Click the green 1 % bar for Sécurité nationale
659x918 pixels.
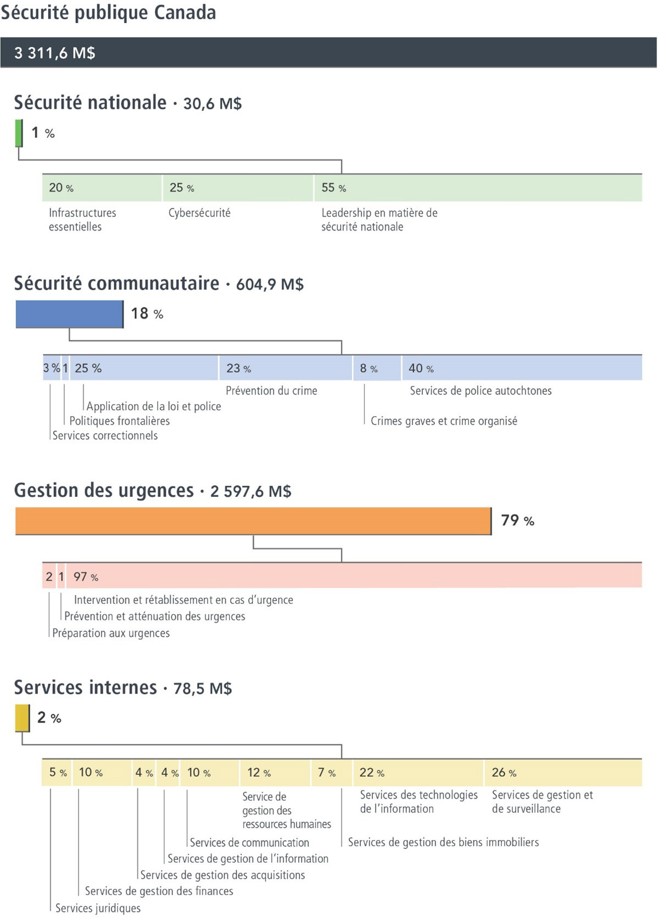19,133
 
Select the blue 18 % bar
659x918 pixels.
69,314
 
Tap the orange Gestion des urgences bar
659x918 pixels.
253,521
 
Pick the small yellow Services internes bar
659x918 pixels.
23,718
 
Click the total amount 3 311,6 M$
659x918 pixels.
55,53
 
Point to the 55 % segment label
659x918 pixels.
333,188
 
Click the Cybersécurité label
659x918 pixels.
199,212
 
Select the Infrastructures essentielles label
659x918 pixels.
82,220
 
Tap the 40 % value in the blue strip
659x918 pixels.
421,368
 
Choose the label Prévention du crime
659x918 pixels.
271,390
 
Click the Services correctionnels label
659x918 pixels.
105,435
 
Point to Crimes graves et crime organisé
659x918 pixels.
444,421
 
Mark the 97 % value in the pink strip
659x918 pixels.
86,576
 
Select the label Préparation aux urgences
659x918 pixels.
110,632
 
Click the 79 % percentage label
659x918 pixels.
518,520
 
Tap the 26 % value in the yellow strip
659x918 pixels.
504,773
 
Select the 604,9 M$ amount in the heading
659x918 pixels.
270,284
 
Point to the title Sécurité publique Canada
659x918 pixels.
108,13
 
